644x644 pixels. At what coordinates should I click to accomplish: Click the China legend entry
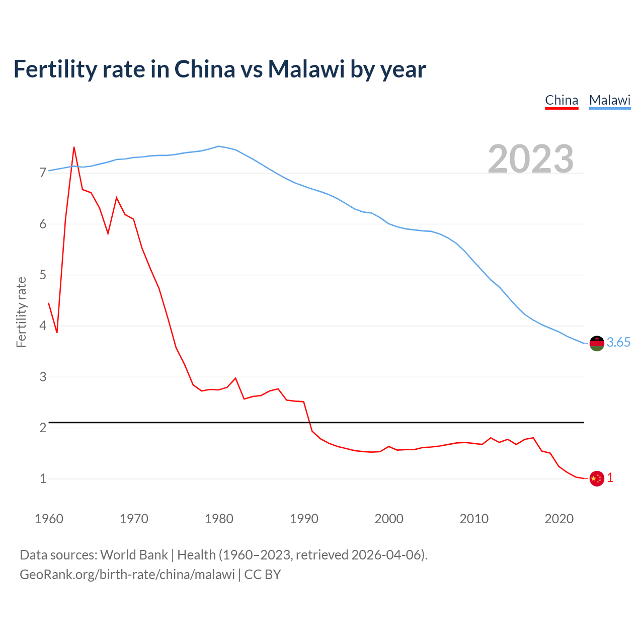561,100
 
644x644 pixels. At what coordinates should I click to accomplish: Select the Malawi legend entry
610,100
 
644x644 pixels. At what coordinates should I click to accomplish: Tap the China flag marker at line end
596,478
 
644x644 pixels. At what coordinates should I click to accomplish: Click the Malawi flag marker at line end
596,343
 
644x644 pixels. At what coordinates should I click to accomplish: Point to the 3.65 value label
618,343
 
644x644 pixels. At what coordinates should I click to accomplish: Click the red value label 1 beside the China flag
610,478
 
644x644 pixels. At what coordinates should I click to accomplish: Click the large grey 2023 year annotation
531,159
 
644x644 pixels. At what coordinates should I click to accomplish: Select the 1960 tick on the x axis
49,519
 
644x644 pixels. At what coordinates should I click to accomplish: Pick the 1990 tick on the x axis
304,519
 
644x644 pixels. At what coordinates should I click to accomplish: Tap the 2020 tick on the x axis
559,519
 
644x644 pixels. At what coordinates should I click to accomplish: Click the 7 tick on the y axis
43,173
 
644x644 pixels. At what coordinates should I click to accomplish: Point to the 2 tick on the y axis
43,428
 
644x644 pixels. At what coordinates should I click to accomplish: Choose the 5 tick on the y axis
43,275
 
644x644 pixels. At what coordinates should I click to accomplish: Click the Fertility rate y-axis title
21,312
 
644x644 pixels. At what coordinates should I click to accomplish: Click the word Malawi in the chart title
306,69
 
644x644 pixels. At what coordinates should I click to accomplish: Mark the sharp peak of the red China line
74,147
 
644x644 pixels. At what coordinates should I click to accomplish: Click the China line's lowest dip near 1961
57,333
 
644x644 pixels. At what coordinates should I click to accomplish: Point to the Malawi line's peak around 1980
218,146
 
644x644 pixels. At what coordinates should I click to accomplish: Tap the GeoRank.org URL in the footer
127,575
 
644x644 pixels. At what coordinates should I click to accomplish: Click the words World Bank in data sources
134,555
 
